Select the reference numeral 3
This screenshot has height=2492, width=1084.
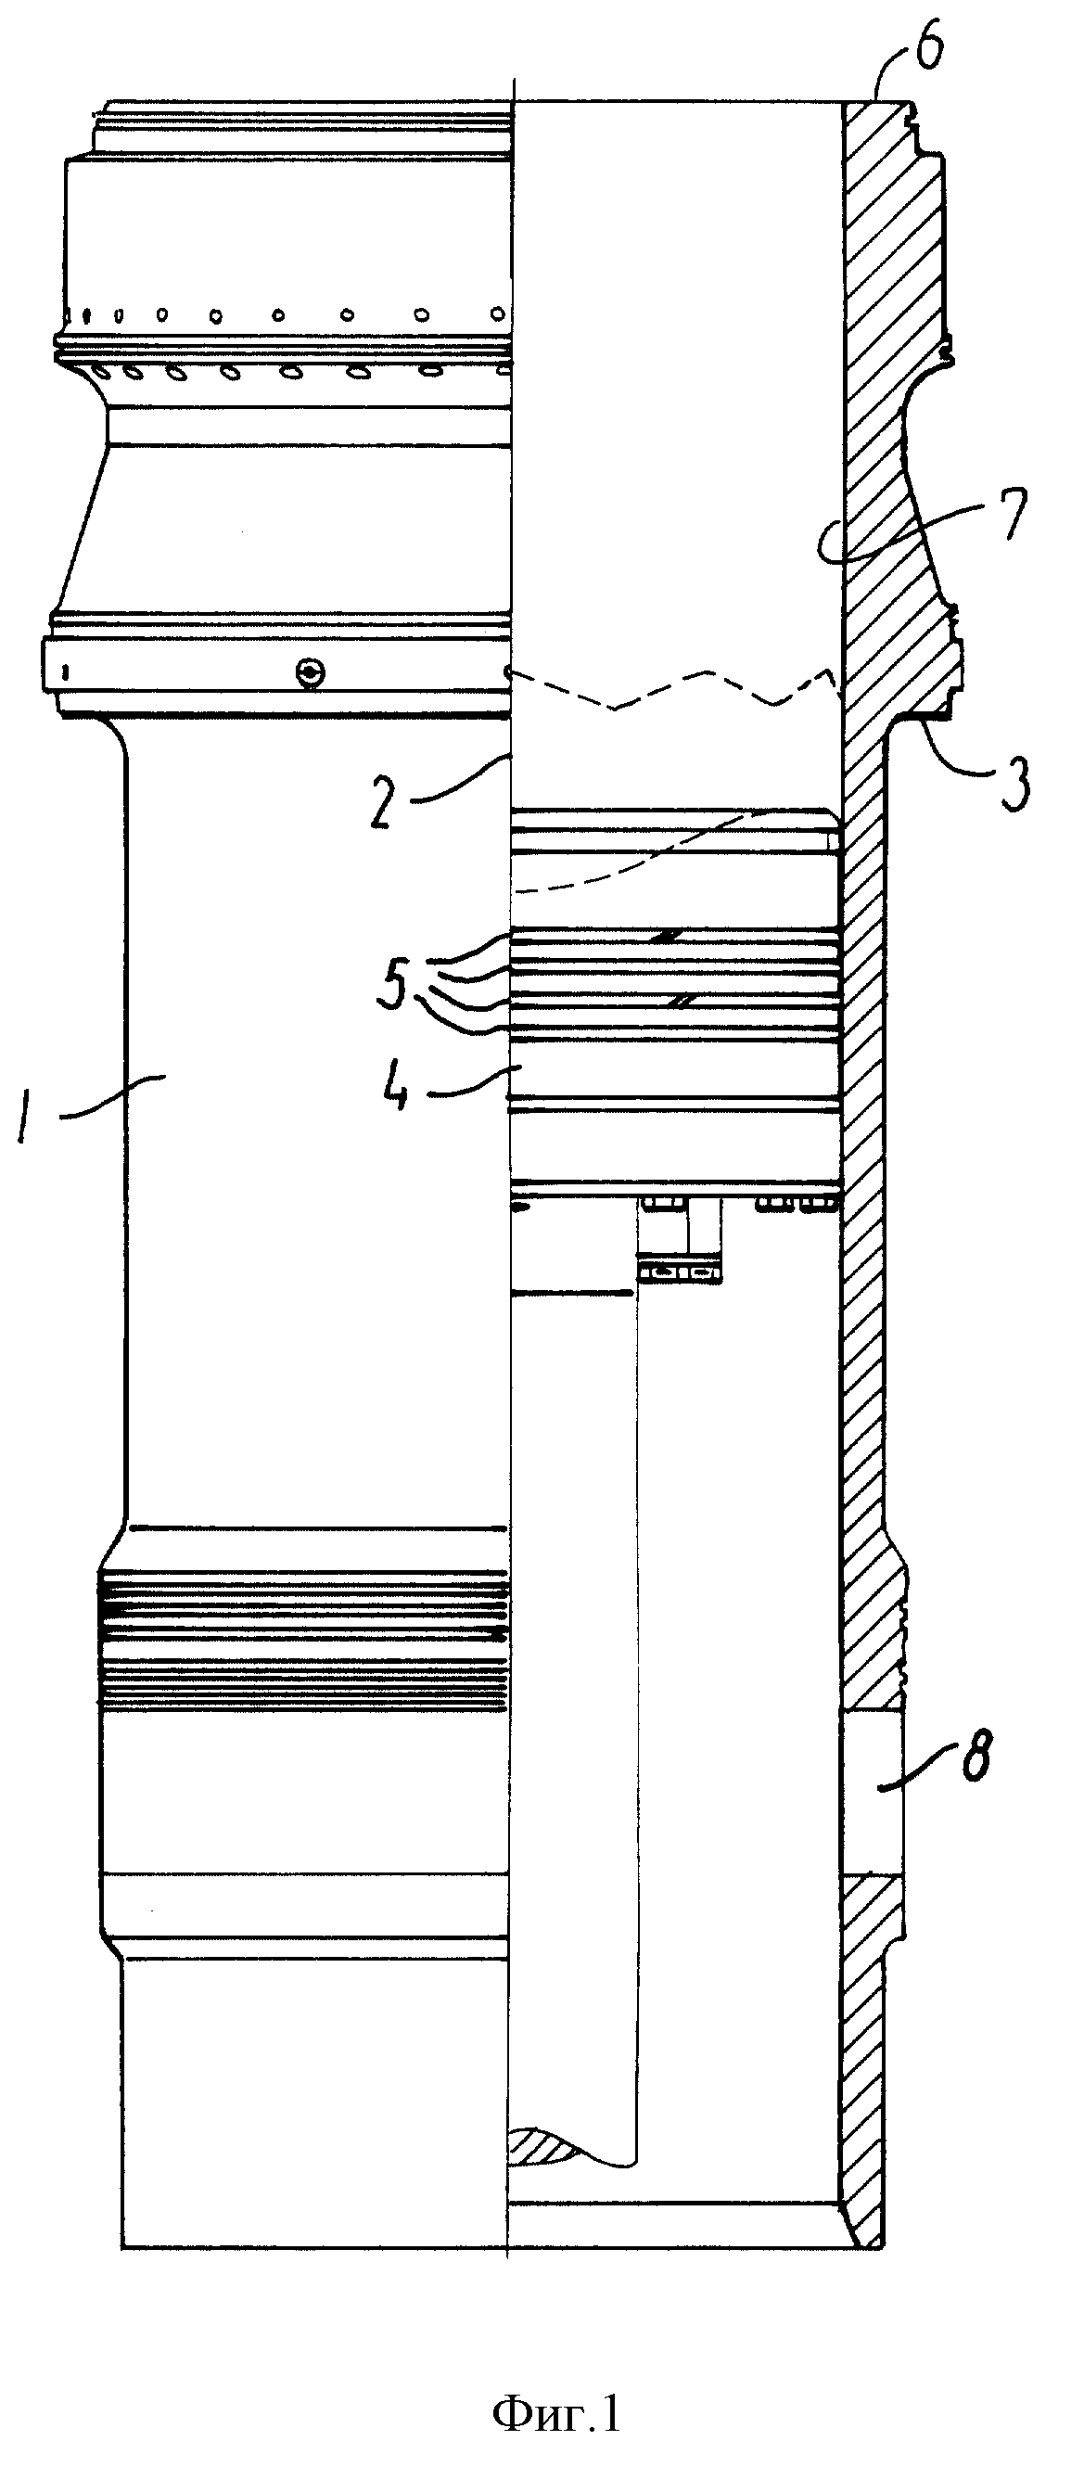pyautogui.click(x=1013, y=786)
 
